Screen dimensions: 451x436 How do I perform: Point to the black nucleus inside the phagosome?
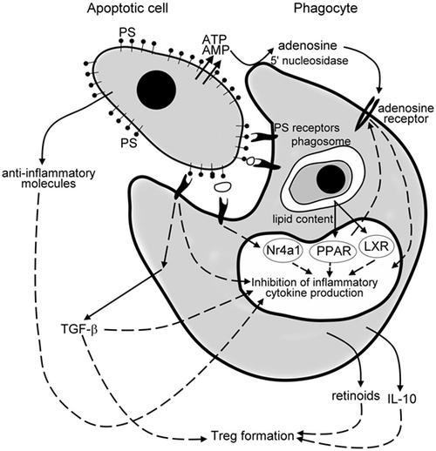[328, 180]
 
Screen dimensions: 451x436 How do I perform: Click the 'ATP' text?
[213, 39]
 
